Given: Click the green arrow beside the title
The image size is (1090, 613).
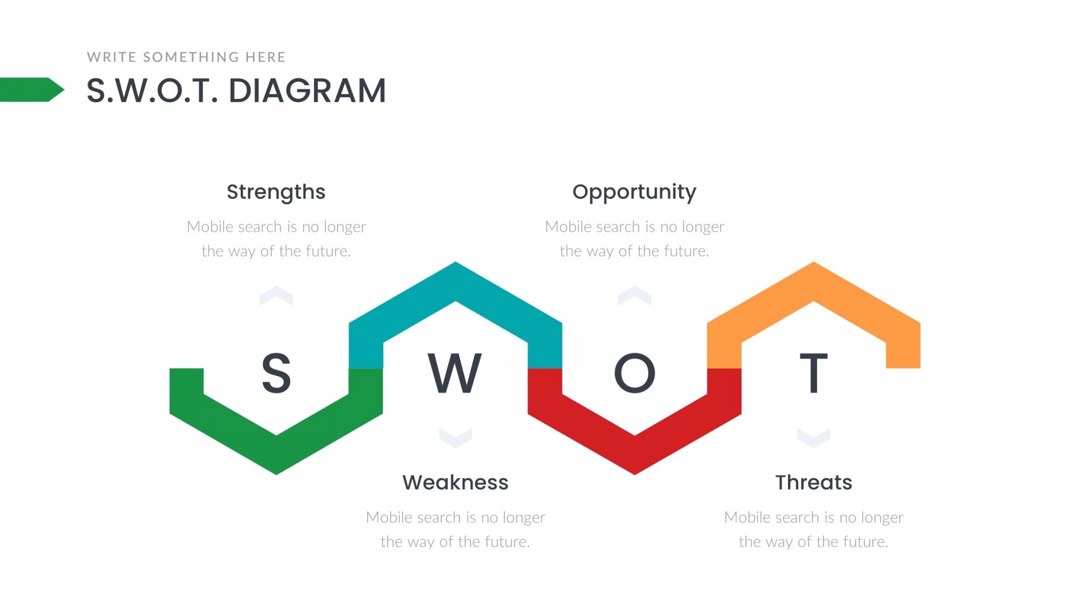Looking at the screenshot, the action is point(32,90).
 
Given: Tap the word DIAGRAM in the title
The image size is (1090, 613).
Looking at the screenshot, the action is point(307,91).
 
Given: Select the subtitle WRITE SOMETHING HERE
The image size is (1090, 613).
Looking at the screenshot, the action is point(186,57).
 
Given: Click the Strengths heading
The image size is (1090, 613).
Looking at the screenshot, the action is point(276,192).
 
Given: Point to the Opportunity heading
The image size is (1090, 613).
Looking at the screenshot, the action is point(634,192).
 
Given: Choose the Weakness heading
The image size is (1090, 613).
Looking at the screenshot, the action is point(455,482).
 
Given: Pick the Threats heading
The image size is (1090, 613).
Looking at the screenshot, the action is point(814,482).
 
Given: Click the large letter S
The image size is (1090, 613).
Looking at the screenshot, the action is point(276,373).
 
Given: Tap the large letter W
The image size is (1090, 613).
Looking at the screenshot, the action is point(455,373).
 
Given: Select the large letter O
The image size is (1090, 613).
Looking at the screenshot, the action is point(635,373).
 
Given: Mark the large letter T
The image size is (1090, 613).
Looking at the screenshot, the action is point(814,373).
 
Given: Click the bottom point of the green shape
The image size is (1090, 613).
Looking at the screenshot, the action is point(276,474).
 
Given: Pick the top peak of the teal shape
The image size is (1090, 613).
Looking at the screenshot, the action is point(455,263).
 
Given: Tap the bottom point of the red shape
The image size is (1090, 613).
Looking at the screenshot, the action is point(635,474).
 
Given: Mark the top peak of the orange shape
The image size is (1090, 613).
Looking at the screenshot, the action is point(814,263).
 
